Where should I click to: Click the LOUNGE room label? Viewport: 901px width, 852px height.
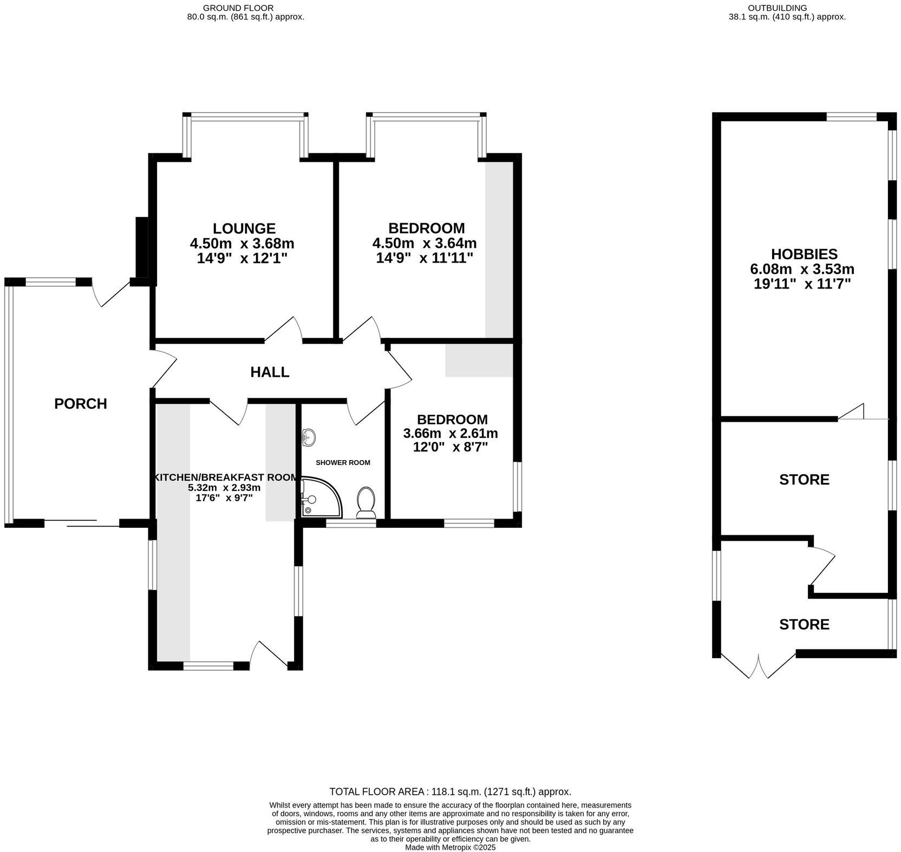click(244, 228)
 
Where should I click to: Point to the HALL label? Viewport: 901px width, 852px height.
click(270, 372)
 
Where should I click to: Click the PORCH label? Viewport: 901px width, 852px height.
click(81, 404)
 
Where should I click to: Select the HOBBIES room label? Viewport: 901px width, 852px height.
click(804, 254)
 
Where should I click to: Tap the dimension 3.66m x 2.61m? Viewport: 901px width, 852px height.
click(450, 434)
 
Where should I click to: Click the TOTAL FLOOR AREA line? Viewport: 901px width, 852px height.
click(450, 791)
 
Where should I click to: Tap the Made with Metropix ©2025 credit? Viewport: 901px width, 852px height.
click(450, 848)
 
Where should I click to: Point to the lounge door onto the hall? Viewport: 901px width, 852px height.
click(284, 331)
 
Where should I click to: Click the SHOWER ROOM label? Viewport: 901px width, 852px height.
click(343, 463)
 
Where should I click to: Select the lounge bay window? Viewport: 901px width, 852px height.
click(246, 116)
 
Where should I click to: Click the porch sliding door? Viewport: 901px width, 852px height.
click(82, 523)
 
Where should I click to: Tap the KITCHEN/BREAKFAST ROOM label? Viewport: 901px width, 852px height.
click(226, 477)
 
